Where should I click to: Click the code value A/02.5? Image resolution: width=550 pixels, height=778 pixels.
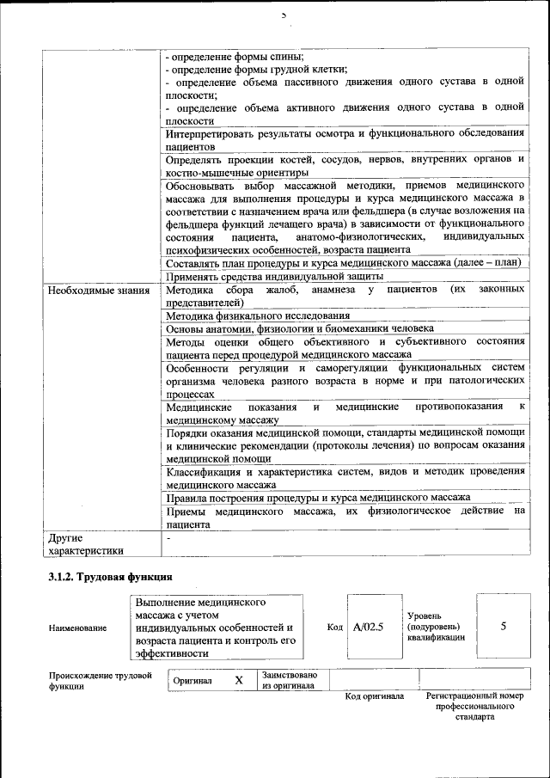[367, 627]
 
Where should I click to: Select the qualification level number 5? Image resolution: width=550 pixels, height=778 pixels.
[503, 627]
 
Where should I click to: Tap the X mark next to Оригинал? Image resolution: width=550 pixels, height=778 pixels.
[239, 680]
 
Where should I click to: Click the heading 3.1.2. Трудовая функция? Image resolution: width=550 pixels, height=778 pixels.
[112, 575]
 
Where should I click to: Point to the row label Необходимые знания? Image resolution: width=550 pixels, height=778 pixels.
[99, 291]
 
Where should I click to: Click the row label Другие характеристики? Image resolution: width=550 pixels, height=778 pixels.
[87, 544]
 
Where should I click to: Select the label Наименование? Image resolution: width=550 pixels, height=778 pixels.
[79, 628]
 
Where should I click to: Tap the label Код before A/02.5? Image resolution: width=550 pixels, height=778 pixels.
[335, 627]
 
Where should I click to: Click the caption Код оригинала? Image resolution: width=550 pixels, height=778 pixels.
[375, 696]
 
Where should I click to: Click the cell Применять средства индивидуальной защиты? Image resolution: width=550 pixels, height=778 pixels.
[274, 276]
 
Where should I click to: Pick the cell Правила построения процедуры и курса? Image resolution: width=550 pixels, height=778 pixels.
[318, 497]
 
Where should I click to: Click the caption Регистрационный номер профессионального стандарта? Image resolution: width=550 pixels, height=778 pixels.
[474, 706]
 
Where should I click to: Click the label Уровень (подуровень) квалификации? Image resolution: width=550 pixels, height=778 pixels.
[437, 627]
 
